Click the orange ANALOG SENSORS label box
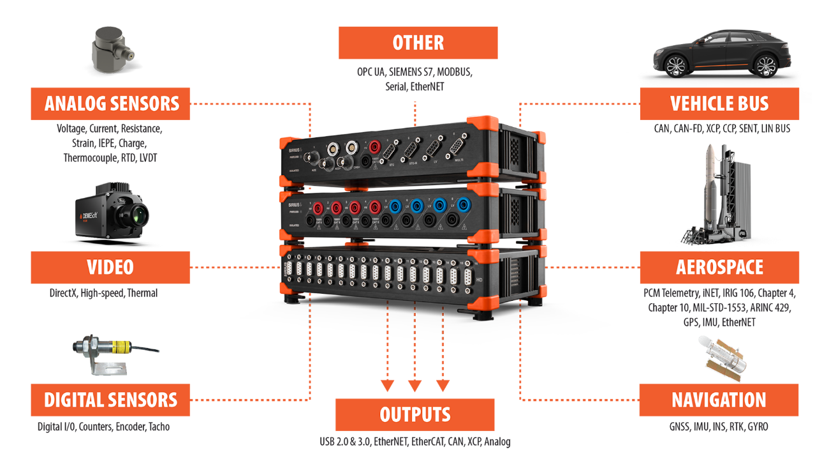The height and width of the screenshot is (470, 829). tap(110, 103)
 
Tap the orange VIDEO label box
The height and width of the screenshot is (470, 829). tap(110, 267)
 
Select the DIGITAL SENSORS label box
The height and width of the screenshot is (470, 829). tap(110, 400)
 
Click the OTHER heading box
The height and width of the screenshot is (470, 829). tap(418, 43)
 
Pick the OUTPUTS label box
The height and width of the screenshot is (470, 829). tap(414, 414)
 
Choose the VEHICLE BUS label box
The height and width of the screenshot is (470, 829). tap(719, 103)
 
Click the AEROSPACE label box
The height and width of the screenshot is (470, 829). tap(719, 267)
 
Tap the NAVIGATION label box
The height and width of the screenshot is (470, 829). tap(719, 400)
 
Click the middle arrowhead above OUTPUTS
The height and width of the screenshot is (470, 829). tap(414, 386)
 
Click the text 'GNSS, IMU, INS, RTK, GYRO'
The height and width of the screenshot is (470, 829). tap(719, 427)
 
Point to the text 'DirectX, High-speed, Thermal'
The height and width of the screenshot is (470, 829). tap(103, 294)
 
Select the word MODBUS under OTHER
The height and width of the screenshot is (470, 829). tap(453, 72)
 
